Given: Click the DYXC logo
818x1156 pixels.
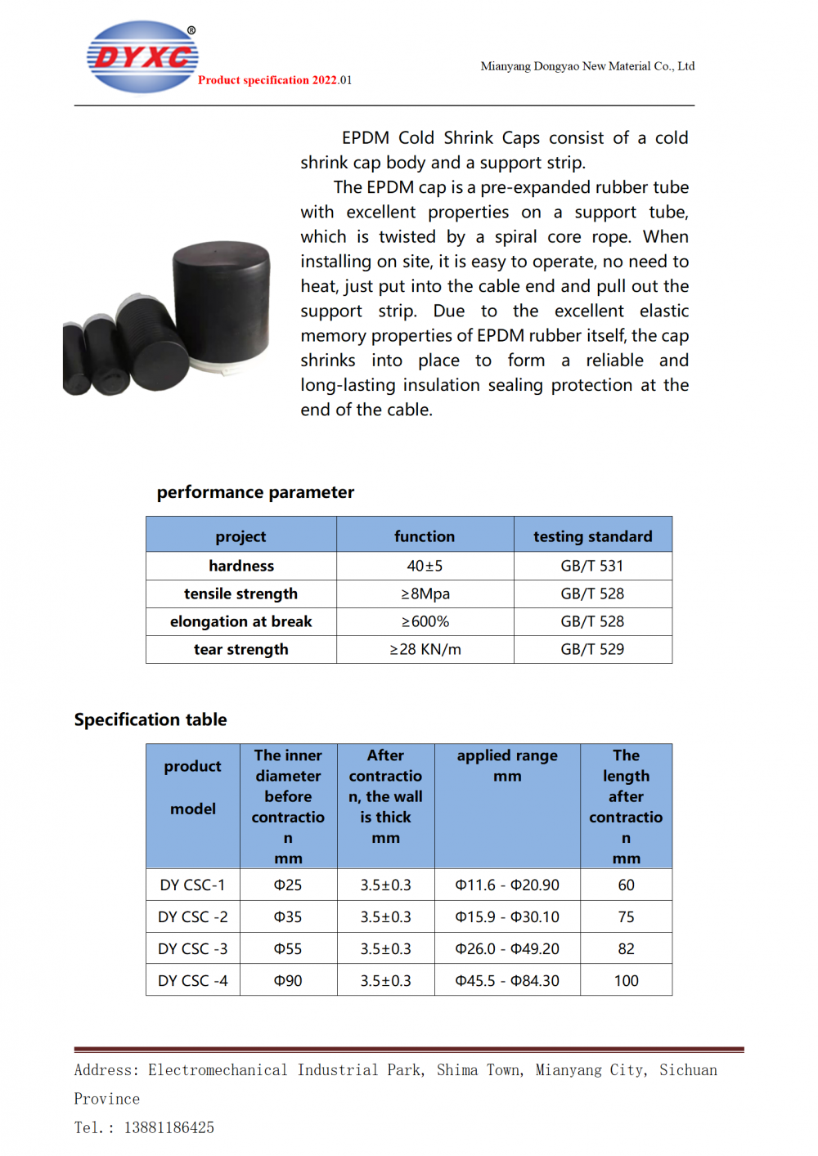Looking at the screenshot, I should pyautogui.click(x=142, y=56).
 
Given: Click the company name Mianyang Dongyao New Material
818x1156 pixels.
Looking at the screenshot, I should pyautogui.click(x=587, y=66).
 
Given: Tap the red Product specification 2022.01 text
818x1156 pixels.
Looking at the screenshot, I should pyautogui.click(x=275, y=80).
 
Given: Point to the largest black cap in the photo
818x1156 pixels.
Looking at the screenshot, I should pyautogui.click(x=222, y=302).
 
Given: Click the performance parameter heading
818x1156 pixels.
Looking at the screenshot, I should pyautogui.click(x=255, y=492).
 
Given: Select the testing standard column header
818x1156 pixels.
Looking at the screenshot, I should pyautogui.click(x=592, y=536).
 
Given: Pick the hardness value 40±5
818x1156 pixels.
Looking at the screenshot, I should pyautogui.click(x=425, y=566).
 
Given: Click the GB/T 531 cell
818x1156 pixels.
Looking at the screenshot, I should pyautogui.click(x=592, y=566).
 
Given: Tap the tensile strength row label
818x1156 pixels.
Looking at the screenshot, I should pyautogui.click(x=240, y=594).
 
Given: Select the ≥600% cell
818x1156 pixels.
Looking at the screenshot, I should pyautogui.click(x=425, y=621).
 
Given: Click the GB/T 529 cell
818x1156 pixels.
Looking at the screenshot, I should pyautogui.click(x=592, y=649).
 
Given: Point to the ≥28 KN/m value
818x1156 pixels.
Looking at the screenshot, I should pyautogui.click(x=425, y=649).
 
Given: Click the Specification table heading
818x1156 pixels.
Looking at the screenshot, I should pyautogui.click(x=151, y=719).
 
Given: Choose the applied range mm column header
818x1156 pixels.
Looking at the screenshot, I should pyautogui.click(x=507, y=765).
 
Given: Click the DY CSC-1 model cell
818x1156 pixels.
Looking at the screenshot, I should pyautogui.click(x=192, y=885).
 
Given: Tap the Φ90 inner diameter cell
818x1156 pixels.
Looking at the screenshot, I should pyautogui.click(x=288, y=980).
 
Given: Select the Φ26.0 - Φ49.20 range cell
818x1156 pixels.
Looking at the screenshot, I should pyautogui.click(x=507, y=948).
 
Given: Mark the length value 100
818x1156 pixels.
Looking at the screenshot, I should pyautogui.click(x=626, y=980).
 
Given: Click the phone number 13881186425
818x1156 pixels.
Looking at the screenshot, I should pyautogui.click(x=169, y=1127).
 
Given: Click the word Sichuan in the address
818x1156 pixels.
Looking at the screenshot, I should pyautogui.click(x=688, y=1070).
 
